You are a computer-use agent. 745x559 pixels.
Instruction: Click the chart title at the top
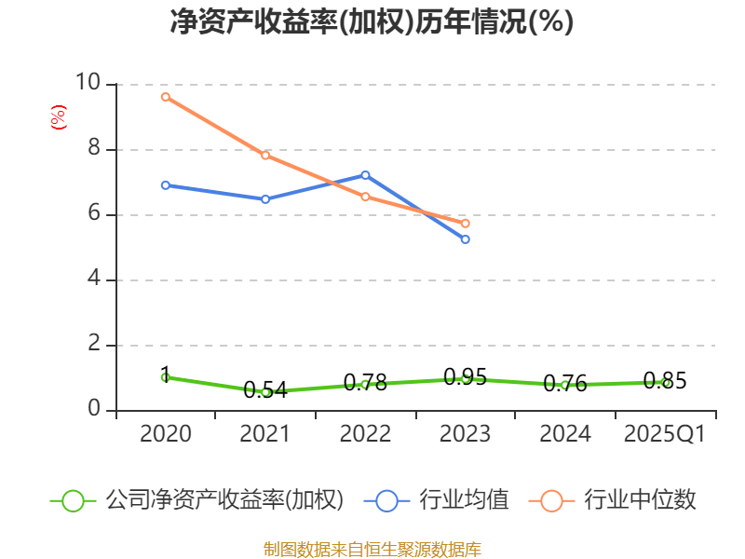click(372, 22)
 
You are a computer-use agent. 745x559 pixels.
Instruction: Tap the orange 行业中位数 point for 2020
click(166, 97)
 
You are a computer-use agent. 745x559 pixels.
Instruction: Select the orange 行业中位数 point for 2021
click(265, 156)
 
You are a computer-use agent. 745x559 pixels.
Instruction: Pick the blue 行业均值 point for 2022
click(365, 175)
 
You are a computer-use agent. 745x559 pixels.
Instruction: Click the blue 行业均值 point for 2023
click(466, 239)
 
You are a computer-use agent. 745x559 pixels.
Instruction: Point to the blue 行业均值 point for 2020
click(166, 185)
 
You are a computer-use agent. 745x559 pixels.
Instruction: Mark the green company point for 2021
click(265, 392)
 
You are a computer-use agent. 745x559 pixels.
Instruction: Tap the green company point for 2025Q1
click(666, 382)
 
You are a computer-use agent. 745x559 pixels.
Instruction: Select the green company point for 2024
click(565, 385)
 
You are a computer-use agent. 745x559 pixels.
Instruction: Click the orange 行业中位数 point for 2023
click(466, 224)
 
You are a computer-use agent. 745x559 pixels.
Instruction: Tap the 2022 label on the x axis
click(365, 434)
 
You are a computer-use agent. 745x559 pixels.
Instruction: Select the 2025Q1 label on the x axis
click(665, 434)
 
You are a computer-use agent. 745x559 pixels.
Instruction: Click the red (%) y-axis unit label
click(59, 117)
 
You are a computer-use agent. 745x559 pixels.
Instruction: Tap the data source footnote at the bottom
click(372, 549)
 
